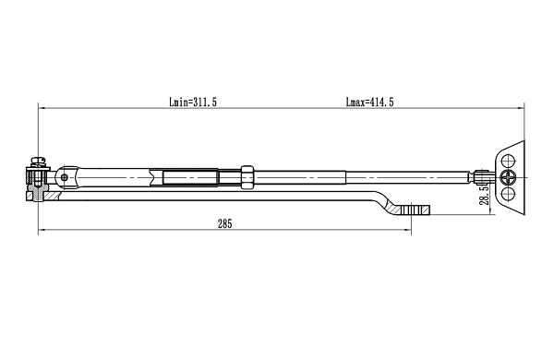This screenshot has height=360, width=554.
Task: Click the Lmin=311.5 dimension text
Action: click(193, 102)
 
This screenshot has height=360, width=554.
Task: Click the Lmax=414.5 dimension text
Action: click(369, 102)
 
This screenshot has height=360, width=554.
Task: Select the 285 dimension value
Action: click(225, 224)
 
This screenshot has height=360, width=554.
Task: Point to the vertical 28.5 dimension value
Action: click(485, 196)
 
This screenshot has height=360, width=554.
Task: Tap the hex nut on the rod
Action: click(247, 177)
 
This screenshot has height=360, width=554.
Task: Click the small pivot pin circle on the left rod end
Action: click(65, 177)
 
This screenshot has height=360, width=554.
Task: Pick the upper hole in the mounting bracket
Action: click(509, 161)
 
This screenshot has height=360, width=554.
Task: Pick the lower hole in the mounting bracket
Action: click(509, 194)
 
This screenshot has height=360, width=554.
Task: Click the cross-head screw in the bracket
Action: click(509, 177)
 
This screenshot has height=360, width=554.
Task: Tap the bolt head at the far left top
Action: click(39, 162)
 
